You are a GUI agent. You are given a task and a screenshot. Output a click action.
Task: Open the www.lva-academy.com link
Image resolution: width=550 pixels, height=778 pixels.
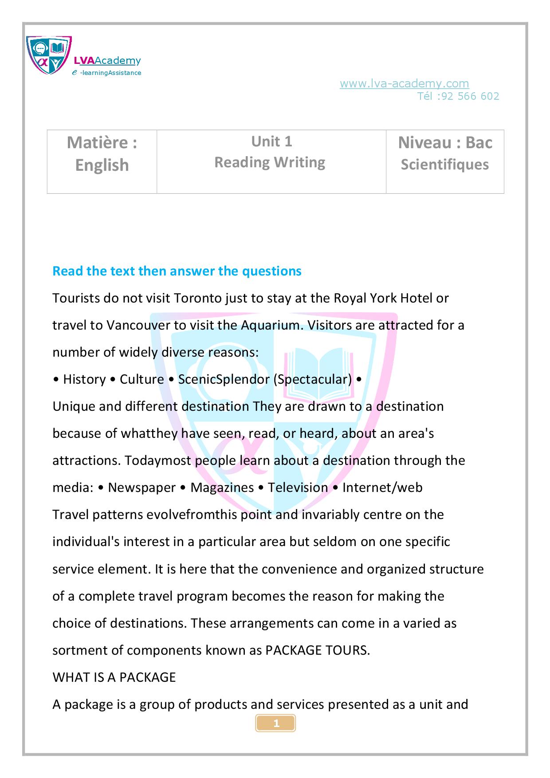(404, 83)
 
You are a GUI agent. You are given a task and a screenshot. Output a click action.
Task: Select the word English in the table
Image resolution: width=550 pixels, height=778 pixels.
(102, 165)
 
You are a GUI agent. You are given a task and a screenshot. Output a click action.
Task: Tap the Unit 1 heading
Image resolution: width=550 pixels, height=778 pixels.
(271, 141)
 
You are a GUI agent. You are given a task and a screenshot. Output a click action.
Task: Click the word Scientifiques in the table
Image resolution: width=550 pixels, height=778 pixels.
(444, 165)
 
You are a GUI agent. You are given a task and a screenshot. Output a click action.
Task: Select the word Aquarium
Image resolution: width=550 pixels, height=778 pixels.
(270, 325)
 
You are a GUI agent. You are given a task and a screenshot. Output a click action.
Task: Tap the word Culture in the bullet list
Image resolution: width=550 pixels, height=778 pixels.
(142, 379)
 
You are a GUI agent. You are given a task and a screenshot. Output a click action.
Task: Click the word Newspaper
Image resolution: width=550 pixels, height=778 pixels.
(142, 487)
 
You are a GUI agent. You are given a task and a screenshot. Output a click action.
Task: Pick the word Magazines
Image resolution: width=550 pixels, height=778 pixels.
(222, 487)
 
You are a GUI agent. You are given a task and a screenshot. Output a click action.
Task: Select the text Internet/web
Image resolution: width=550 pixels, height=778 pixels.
(382, 487)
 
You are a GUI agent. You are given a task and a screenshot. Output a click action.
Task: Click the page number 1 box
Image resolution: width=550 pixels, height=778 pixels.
(275, 723)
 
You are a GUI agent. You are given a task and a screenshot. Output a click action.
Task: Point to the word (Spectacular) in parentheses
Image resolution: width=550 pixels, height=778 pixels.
(313, 379)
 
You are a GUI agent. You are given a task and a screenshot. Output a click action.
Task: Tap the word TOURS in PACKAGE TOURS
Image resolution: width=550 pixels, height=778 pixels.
(347, 650)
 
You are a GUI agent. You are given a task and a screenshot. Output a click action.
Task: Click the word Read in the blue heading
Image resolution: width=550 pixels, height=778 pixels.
(68, 271)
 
